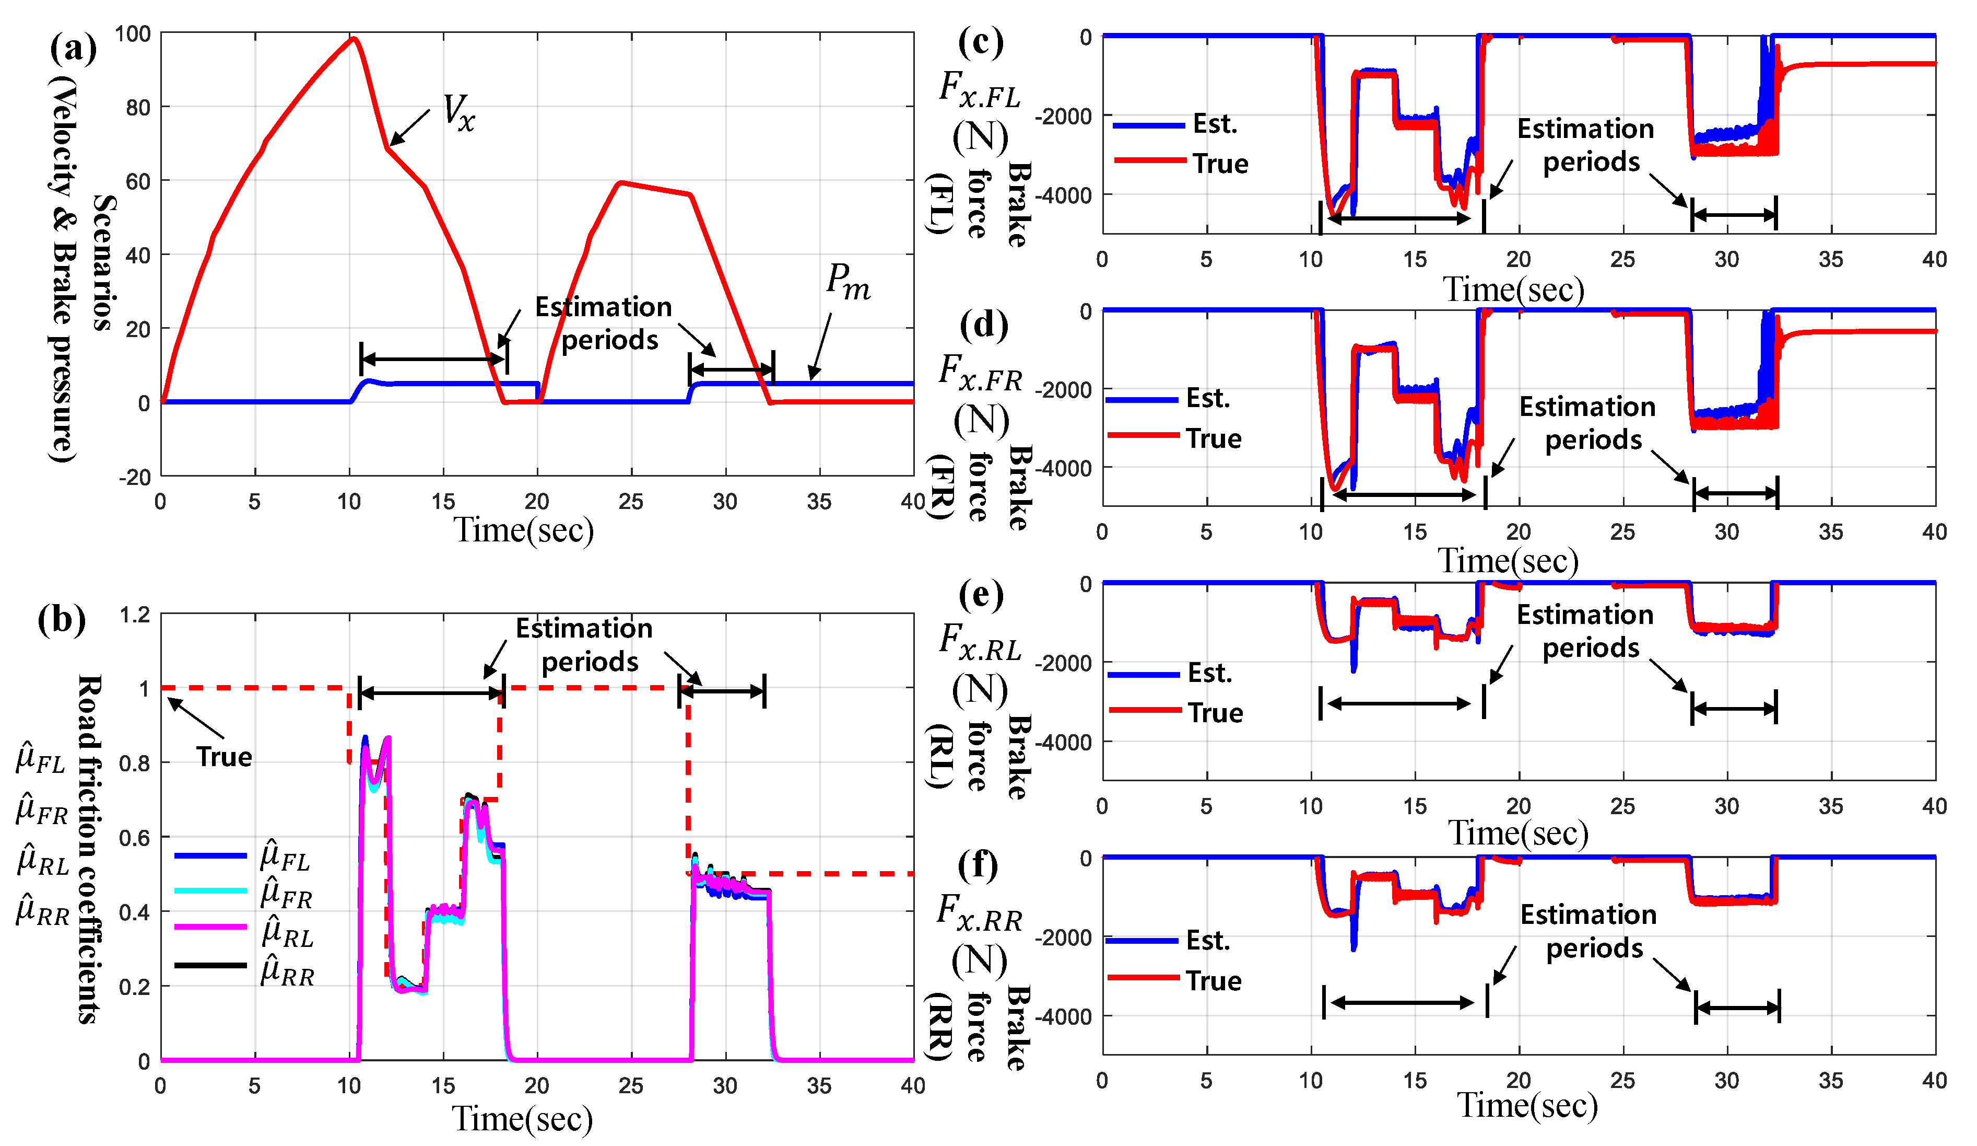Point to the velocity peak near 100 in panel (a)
(x=354, y=39)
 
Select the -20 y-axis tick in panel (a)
(x=134, y=477)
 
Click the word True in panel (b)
(x=225, y=757)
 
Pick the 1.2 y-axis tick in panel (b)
(x=135, y=615)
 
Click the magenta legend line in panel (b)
(x=210, y=927)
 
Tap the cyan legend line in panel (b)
(x=210, y=890)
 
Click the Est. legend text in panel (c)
(x=1215, y=124)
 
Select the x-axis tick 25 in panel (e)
(x=1622, y=806)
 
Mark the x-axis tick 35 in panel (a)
(x=819, y=502)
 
